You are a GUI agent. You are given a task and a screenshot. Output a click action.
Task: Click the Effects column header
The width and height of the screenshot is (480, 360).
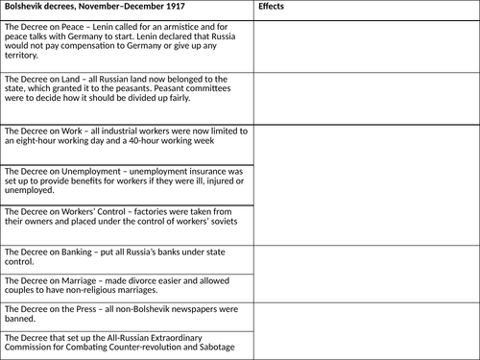pos(274,7)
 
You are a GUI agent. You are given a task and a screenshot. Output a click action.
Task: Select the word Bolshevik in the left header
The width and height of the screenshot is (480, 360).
pos(27,7)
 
